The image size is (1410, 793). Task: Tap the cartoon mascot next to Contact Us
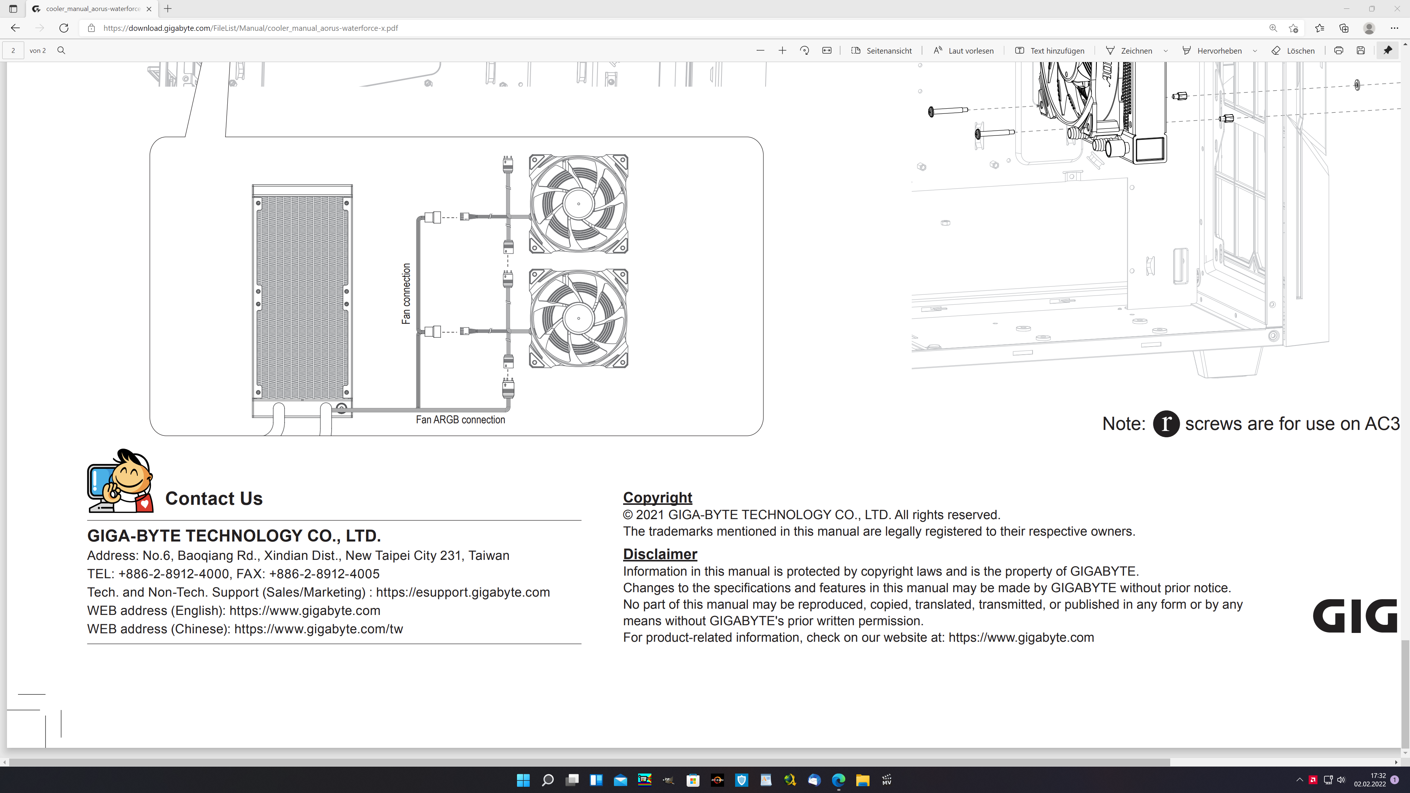click(x=120, y=481)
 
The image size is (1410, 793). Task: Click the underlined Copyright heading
click(x=657, y=497)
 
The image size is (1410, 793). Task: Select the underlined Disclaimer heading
click(x=659, y=554)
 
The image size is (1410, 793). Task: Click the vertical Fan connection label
click(x=406, y=294)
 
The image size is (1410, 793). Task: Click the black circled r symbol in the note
click(x=1166, y=424)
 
